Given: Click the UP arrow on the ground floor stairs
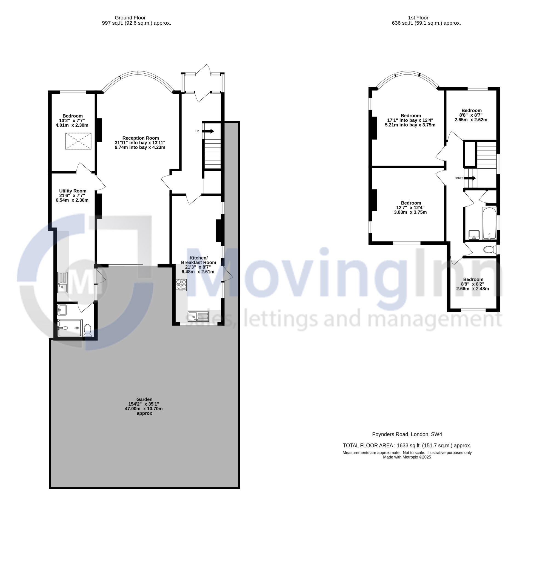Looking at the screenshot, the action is [x=208, y=131].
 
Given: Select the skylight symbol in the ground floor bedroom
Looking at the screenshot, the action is [x=78, y=141].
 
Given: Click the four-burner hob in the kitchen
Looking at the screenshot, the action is [x=181, y=284].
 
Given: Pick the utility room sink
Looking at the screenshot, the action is [x=62, y=282].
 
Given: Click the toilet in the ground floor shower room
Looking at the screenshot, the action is [x=87, y=330].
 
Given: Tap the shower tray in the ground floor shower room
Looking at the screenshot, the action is [x=70, y=328].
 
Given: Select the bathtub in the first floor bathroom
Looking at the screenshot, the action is [x=489, y=223].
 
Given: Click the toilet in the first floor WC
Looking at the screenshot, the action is [x=490, y=249].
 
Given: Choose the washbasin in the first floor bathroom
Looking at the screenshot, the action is [x=474, y=235].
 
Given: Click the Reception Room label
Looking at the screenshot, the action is [x=140, y=143].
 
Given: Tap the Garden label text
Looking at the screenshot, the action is [x=144, y=406].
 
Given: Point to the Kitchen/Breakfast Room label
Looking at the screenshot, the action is [x=198, y=265].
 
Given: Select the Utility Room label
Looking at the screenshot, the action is [x=72, y=195].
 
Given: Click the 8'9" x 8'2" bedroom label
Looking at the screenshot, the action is [x=473, y=284].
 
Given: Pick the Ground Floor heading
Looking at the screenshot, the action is [x=130, y=18].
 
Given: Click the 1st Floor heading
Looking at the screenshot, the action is [x=418, y=18].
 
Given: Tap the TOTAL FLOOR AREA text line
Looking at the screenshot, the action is [x=407, y=445].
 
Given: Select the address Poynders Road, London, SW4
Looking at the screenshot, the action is [x=407, y=434].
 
